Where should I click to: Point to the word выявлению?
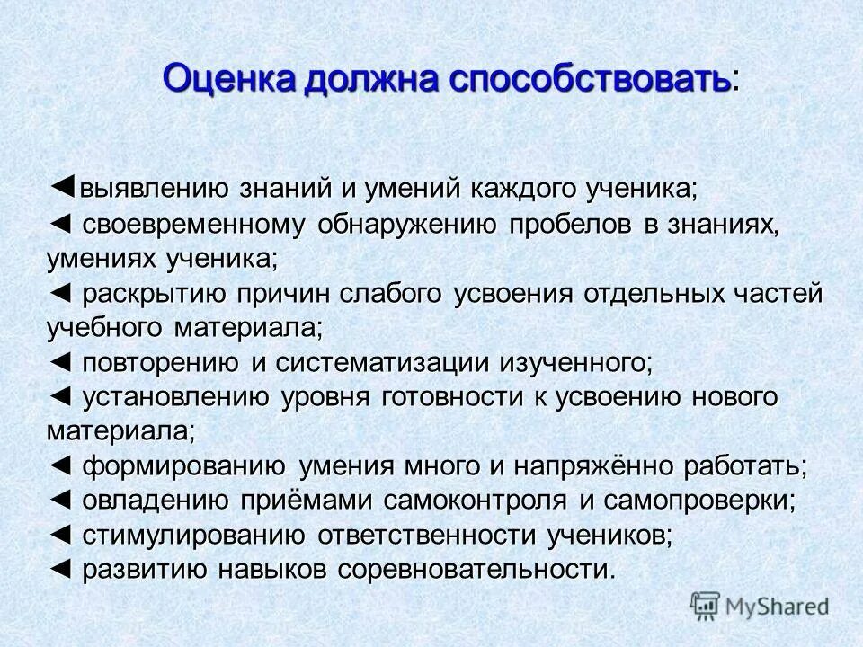click(158, 190)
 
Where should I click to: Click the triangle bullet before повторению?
click(58, 362)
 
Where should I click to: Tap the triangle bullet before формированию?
click(58, 465)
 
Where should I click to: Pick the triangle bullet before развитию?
click(58, 568)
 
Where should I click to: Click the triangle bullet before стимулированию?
click(58, 534)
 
